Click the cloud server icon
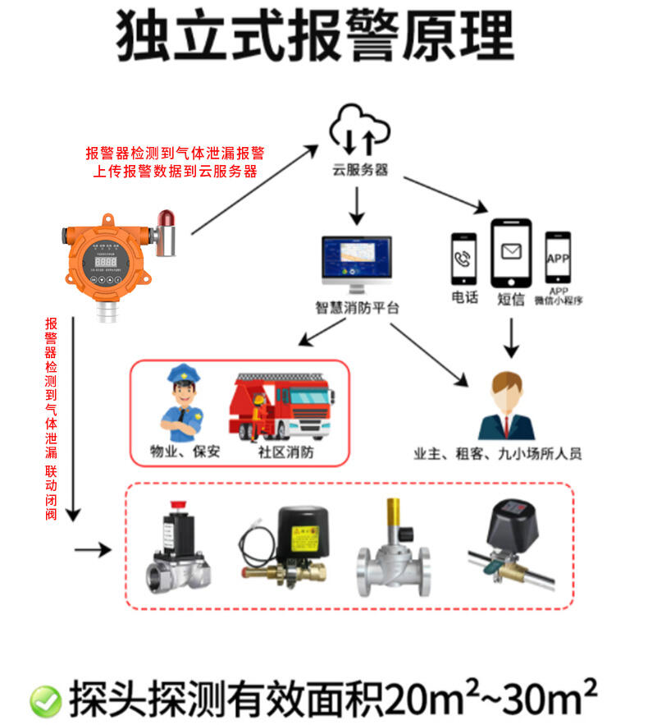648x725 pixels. (x=358, y=131)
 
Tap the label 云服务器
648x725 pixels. (x=359, y=171)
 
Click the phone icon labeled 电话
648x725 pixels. (x=463, y=259)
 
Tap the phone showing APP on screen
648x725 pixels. (x=558, y=258)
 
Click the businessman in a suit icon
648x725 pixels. (x=505, y=407)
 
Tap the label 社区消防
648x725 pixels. (x=285, y=452)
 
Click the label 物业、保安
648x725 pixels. (x=178, y=452)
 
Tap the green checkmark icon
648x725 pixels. (x=45, y=700)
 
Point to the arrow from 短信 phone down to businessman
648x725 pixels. (x=512, y=336)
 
